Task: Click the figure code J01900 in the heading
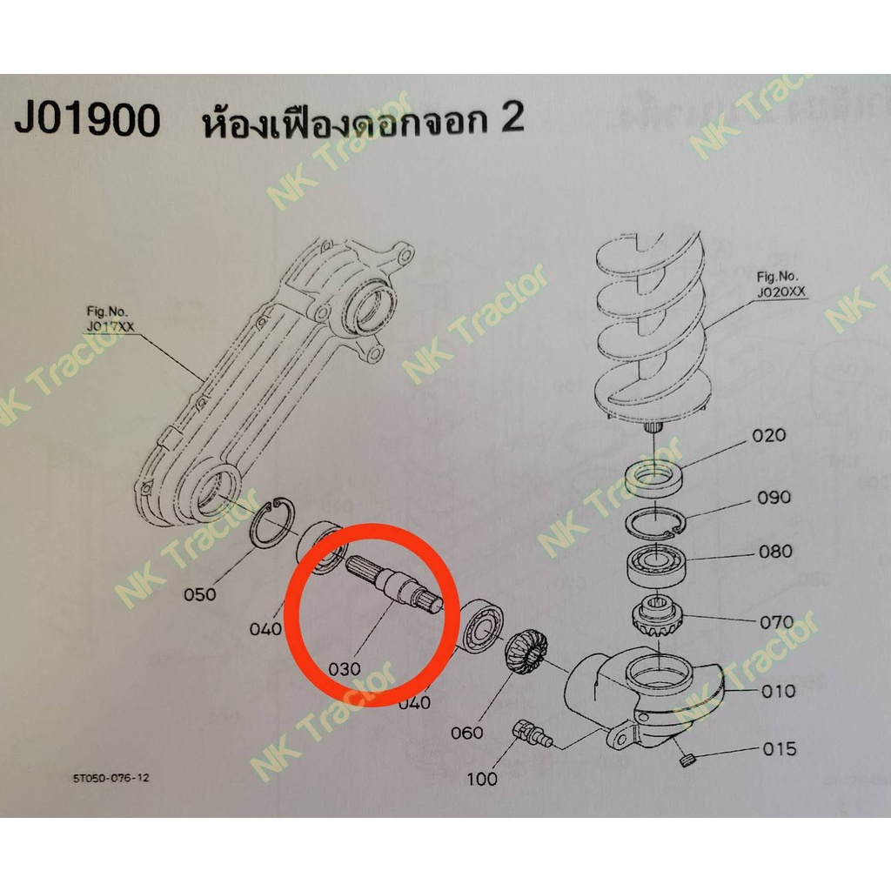click(x=87, y=120)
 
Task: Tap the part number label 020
click(x=768, y=436)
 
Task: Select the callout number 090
click(x=774, y=498)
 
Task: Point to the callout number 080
click(x=775, y=552)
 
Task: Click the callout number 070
click(x=777, y=622)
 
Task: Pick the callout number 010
click(x=779, y=692)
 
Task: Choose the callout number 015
click(x=780, y=749)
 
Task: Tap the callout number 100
click(x=482, y=779)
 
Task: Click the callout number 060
click(x=467, y=733)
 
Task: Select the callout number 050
click(x=199, y=595)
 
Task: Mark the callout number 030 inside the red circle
click(x=345, y=669)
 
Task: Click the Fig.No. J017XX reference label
click(x=110, y=319)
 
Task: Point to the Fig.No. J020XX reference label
click(x=780, y=285)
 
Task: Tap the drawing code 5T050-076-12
click(x=111, y=778)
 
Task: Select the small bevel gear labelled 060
click(x=525, y=651)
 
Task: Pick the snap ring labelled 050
click(x=272, y=523)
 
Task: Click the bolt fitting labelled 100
click(x=532, y=734)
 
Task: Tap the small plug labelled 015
click(x=687, y=759)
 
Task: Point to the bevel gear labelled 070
click(x=658, y=617)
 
